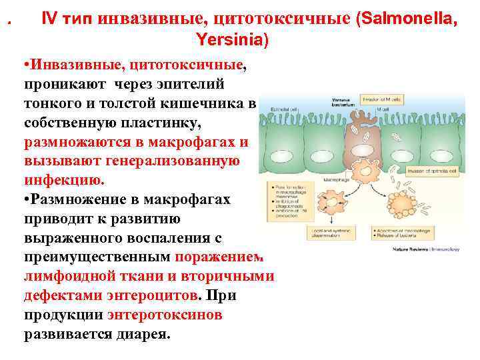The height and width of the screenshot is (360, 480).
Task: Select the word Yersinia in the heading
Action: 231,39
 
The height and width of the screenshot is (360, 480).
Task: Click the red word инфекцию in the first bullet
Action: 63,180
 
